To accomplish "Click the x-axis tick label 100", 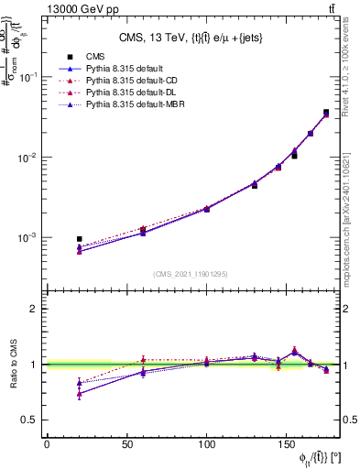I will (x=207, y=445).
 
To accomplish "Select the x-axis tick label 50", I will (x=126, y=445).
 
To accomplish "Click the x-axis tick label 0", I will (x=47, y=445).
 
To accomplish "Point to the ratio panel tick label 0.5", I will (x=29, y=420).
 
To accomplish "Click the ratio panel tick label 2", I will (x=34, y=309).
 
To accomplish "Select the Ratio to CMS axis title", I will (x=12, y=364).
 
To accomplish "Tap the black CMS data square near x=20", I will (x=80, y=239).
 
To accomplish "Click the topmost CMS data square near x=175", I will (x=326, y=112).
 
